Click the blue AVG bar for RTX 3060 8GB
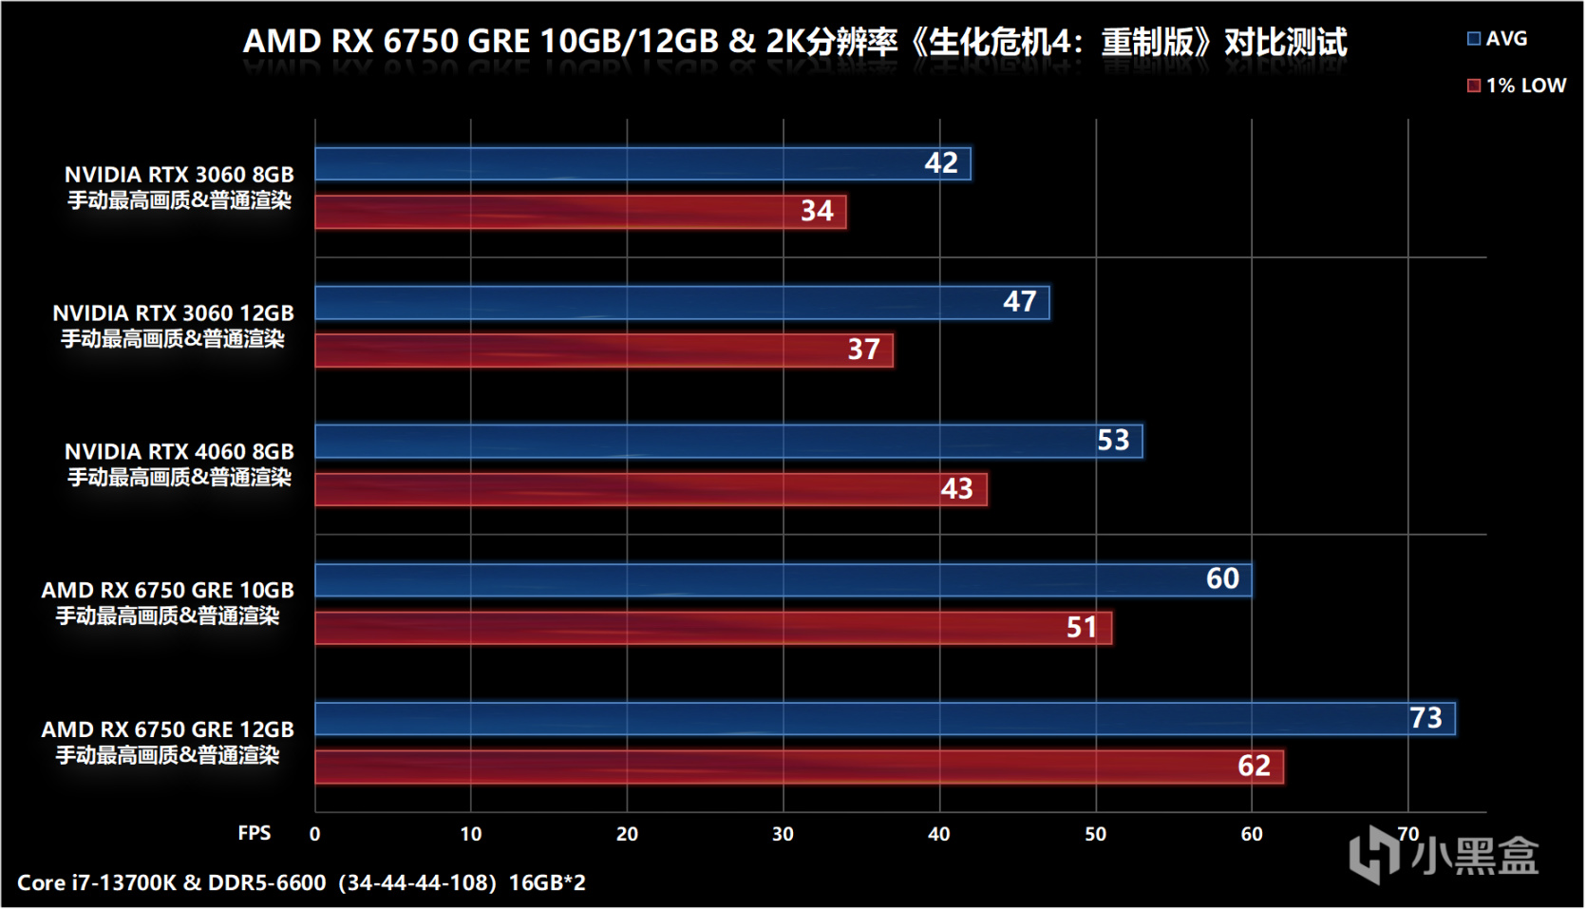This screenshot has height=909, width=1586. [x=642, y=163]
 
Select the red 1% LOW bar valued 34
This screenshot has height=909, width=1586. [x=579, y=212]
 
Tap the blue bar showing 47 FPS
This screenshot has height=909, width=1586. [x=682, y=303]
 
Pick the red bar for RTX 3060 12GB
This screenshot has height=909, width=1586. [x=603, y=350]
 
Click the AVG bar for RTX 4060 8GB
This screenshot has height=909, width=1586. [x=728, y=442]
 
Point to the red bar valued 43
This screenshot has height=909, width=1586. [x=651, y=489]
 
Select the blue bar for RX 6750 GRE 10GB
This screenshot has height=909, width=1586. [x=783, y=579]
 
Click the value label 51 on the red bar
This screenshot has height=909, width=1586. [x=1081, y=628]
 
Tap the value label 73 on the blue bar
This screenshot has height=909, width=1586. [x=1426, y=718]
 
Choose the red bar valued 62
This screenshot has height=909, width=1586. [x=799, y=767]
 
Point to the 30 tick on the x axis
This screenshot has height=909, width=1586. [x=783, y=834]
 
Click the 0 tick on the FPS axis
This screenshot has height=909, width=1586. [x=315, y=834]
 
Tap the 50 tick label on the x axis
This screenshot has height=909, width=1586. [x=1095, y=834]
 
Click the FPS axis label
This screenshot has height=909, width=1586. [x=254, y=833]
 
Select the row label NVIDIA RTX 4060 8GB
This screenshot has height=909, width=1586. [x=179, y=451]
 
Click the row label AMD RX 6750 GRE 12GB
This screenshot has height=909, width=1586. [x=167, y=729]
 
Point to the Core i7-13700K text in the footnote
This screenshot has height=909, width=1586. [x=97, y=882]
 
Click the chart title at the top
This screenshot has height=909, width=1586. [x=794, y=42]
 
